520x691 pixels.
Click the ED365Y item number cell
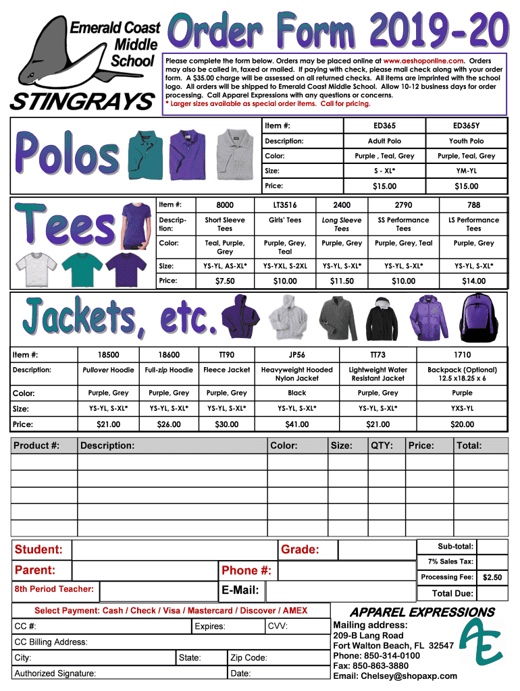467,126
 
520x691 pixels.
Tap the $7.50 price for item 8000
225,281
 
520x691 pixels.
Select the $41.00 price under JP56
296,424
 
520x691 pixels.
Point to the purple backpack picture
479,314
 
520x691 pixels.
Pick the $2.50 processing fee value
492,578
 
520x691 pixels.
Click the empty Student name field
174,550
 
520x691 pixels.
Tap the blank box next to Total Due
492,594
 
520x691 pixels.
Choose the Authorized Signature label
55,673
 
